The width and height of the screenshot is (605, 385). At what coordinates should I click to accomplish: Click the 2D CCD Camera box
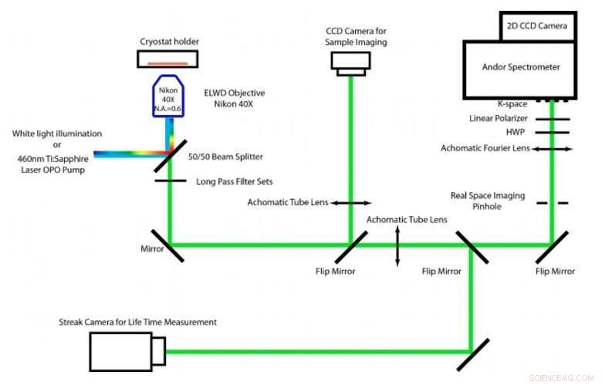537,25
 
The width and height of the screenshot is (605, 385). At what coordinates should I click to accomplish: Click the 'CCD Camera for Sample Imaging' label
356,35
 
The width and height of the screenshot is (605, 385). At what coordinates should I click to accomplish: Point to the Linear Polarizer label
498,119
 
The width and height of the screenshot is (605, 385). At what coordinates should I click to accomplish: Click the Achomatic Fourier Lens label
485,147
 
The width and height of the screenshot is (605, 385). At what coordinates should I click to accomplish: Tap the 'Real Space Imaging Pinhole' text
487,201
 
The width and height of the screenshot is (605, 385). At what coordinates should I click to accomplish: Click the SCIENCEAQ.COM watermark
559,377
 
